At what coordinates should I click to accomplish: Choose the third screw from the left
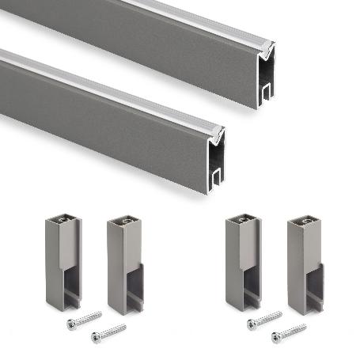pyautogui.click(x=265, y=320)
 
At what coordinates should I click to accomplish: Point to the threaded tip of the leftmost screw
pyautogui.click(x=101, y=314)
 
